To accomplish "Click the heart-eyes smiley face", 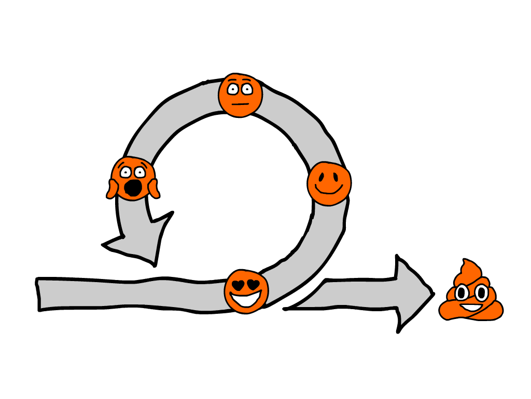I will pyautogui.click(x=247, y=291).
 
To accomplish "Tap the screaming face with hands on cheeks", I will pyautogui.click(x=133, y=178).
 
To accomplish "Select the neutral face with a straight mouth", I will pyautogui.click(x=240, y=95).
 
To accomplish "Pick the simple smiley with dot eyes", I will pyautogui.click(x=329, y=183).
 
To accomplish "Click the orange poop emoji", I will pyautogui.click(x=470, y=294).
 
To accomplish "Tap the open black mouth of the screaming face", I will pyautogui.click(x=134, y=188).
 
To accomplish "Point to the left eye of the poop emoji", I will pyautogui.click(x=462, y=293).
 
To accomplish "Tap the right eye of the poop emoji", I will pyautogui.click(x=481, y=292).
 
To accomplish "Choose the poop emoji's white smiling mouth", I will pyautogui.click(x=471, y=307).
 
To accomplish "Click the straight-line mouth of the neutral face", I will pyautogui.click(x=240, y=103).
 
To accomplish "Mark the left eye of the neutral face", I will pyautogui.click(x=233, y=89).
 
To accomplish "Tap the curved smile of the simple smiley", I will pyautogui.click(x=329, y=191).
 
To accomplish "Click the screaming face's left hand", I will pyautogui.click(x=113, y=188).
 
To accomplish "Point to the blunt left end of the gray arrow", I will pyautogui.click(x=41, y=294).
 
